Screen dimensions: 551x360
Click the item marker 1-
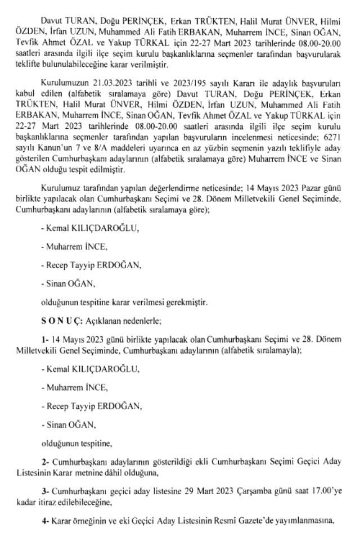(45, 340)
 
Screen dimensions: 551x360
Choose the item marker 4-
(46, 521)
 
